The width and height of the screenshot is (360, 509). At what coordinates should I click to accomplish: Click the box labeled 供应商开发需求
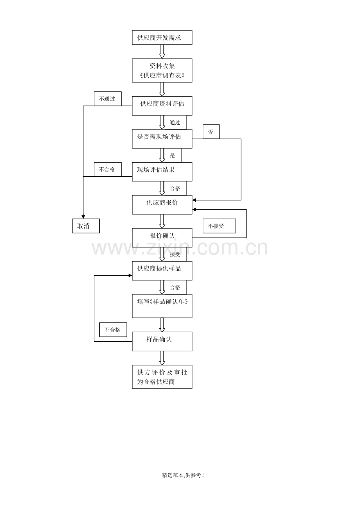[x=162, y=38]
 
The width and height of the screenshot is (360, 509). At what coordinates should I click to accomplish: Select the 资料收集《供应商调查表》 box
[x=162, y=70]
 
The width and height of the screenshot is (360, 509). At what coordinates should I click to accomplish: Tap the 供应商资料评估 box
[x=162, y=106]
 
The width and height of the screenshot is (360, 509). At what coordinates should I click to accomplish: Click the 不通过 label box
[x=108, y=99]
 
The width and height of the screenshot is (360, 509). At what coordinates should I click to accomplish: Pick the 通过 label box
[x=176, y=122]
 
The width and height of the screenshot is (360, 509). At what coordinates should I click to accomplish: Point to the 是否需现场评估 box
[x=162, y=139]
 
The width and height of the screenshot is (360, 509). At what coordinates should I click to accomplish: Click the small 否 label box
[x=211, y=132]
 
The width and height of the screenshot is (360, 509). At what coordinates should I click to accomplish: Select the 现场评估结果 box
[x=162, y=172]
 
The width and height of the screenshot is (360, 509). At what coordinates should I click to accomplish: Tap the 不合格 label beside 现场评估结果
[x=108, y=169]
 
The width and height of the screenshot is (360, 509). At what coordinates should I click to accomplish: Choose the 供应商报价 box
[x=162, y=205]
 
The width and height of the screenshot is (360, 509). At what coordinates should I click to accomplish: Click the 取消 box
[x=86, y=226]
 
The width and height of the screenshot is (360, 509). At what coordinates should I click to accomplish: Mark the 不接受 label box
[x=219, y=226]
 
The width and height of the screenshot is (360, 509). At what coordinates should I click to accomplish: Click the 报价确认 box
[x=162, y=238]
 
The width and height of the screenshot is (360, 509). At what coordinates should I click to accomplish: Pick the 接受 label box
[x=176, y=254]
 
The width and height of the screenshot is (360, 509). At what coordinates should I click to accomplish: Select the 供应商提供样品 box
[x=162, y=271]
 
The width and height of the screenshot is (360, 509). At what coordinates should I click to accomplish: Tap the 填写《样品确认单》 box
[x=162, y=306]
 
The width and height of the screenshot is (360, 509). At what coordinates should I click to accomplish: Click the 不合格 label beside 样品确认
[x=113, y=330]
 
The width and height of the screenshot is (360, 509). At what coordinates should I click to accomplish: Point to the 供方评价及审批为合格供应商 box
[x=162, y=377]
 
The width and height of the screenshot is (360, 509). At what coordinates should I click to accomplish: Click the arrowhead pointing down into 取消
[x=83, y=217]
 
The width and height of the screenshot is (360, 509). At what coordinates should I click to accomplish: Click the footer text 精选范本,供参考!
[x=183, y=475]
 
